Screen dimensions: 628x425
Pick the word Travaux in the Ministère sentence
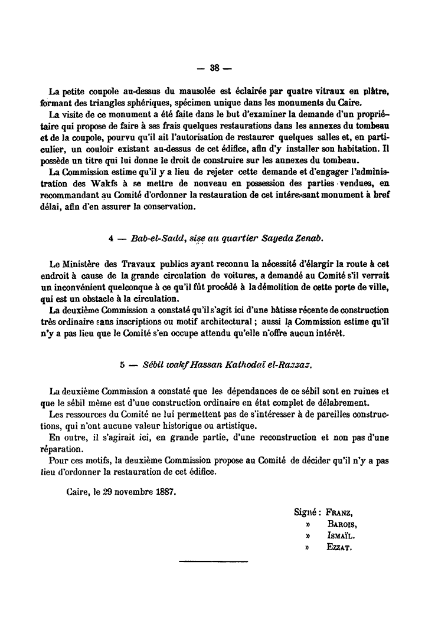[140, 263]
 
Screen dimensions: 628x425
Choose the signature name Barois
[342, 524]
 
